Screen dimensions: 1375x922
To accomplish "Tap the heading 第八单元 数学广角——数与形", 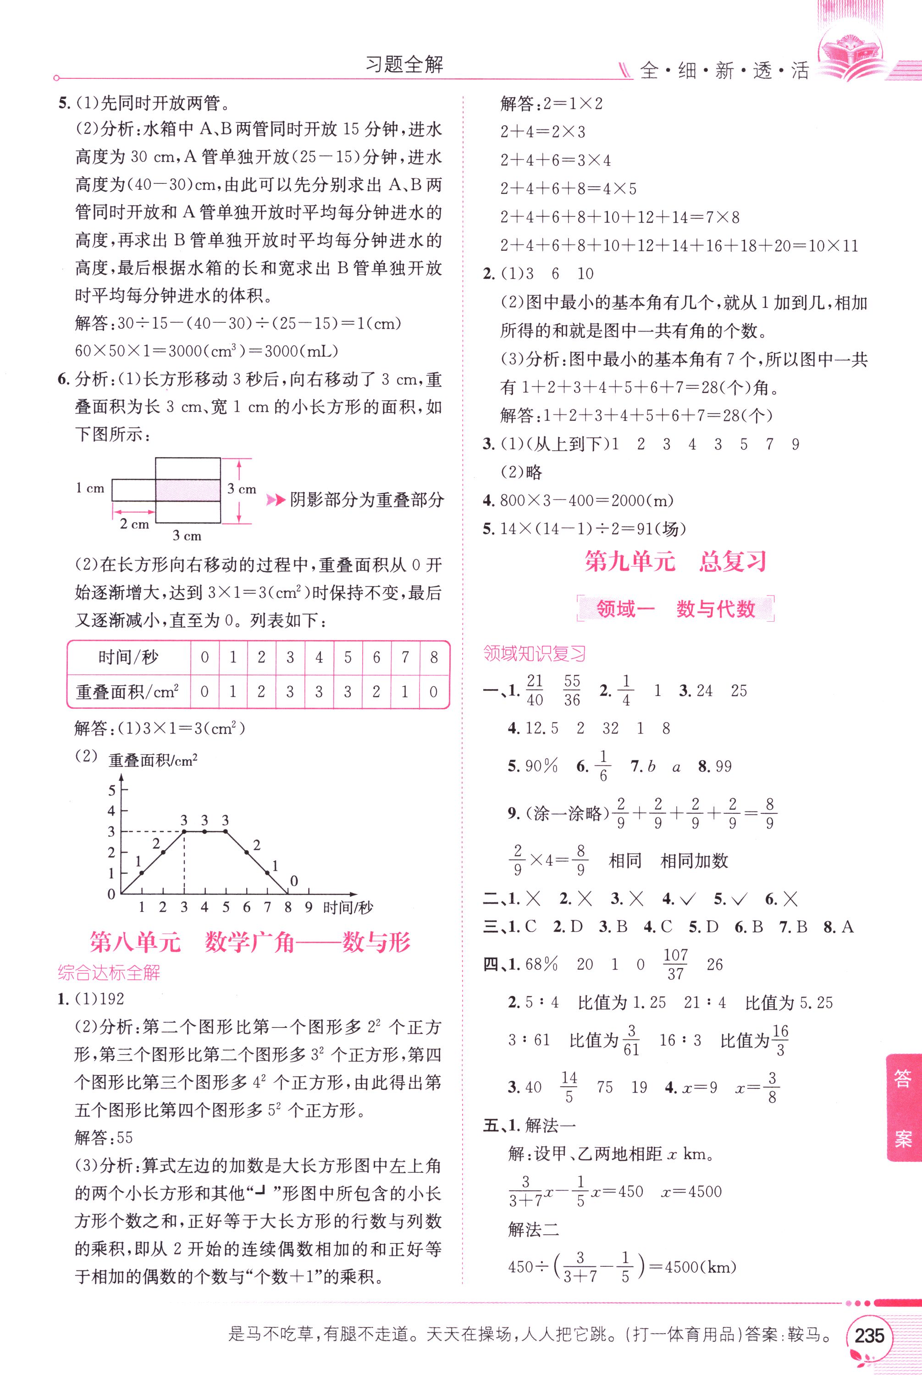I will [x=250, y=942].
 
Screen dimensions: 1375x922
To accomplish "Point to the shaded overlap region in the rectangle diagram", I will [x=188, y=490].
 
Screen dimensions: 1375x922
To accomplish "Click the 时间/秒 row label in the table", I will [x=128, y=657].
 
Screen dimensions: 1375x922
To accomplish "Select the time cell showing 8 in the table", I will [x=434, y=657].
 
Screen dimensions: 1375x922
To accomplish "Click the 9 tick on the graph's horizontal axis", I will [x=308, y=907].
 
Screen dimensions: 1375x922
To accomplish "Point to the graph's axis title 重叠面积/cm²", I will [x=153, y=760].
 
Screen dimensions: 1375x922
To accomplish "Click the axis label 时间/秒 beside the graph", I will [x=348, y=908].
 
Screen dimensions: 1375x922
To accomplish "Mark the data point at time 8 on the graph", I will [x=287, y=894].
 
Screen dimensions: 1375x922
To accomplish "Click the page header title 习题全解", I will [x=404, y=65].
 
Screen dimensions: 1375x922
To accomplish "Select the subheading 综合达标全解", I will [x=109, y=973].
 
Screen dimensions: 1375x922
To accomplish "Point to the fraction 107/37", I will [x=675, y=964].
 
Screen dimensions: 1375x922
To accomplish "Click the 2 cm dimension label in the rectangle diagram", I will [x=135, y=524].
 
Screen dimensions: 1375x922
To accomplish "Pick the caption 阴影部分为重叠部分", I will [x=366, y=500].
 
